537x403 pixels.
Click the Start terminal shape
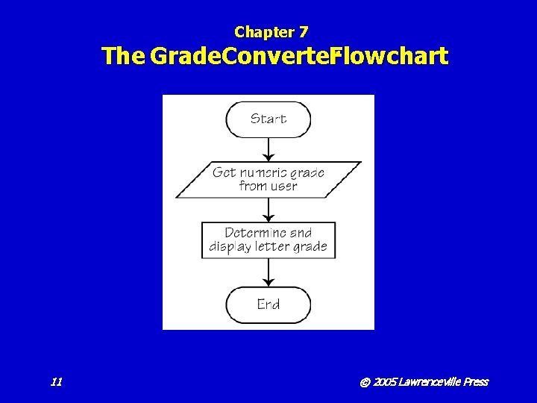click(268, 119)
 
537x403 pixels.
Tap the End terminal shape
click(268, 304)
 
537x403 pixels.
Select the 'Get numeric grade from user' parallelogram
click(268, 179)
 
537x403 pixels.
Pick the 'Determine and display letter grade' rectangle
click(268, 240)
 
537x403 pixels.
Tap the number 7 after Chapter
click(304, 32)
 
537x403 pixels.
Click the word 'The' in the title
click(123, 56)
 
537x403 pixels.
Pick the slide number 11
click(56, 382)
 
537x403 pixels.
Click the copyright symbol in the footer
click(365, 382)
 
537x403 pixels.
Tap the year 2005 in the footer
click(384, 382)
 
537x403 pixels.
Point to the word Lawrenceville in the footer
click(430, 382)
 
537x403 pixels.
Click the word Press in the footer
click(476, 382)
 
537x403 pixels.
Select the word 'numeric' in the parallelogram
click(266, 172)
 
